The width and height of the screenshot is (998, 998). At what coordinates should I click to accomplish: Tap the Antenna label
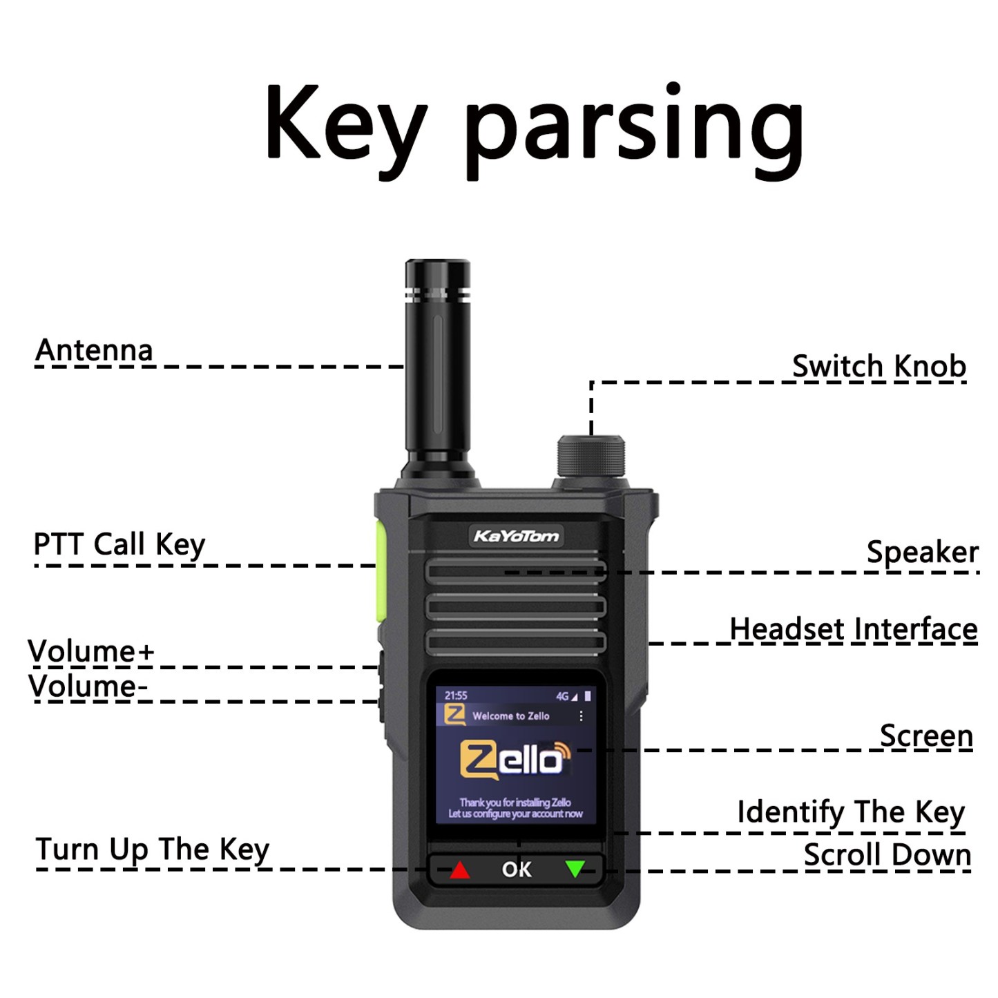pos(94,350)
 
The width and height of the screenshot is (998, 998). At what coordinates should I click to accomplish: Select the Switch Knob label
pos(879,367)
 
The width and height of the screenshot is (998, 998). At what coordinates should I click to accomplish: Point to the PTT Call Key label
pos(119,546)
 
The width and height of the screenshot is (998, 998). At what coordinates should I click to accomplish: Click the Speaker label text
pos(923,552)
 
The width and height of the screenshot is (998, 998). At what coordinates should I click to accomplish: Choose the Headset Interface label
pos(854,629)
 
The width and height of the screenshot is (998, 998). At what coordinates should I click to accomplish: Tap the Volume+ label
pos(91,651)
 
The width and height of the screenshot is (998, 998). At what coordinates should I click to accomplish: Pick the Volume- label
pos(88,687)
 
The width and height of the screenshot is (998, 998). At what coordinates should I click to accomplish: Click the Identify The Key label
pos(851,812)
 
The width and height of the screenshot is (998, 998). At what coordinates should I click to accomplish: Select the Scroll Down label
pos(887,854)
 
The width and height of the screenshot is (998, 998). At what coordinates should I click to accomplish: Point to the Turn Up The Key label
pos(152,850)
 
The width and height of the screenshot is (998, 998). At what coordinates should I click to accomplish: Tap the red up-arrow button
pos(459,870)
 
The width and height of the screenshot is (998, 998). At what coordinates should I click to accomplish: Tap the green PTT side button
pos(380,572)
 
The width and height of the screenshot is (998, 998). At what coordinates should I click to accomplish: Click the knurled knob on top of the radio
pos(591,457)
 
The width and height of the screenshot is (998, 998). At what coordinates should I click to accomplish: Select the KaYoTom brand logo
pos(517,535)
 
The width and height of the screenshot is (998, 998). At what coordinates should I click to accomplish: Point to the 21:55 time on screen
pos(456,695)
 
